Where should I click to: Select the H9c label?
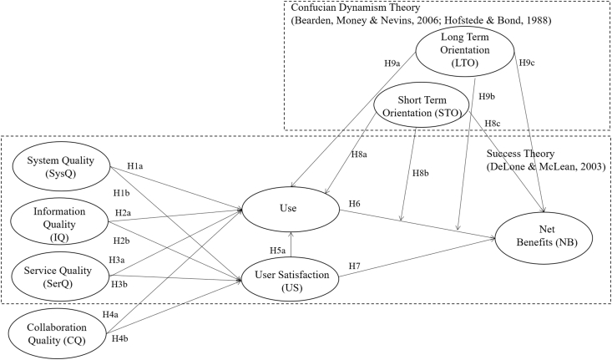tap(528, 63)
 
